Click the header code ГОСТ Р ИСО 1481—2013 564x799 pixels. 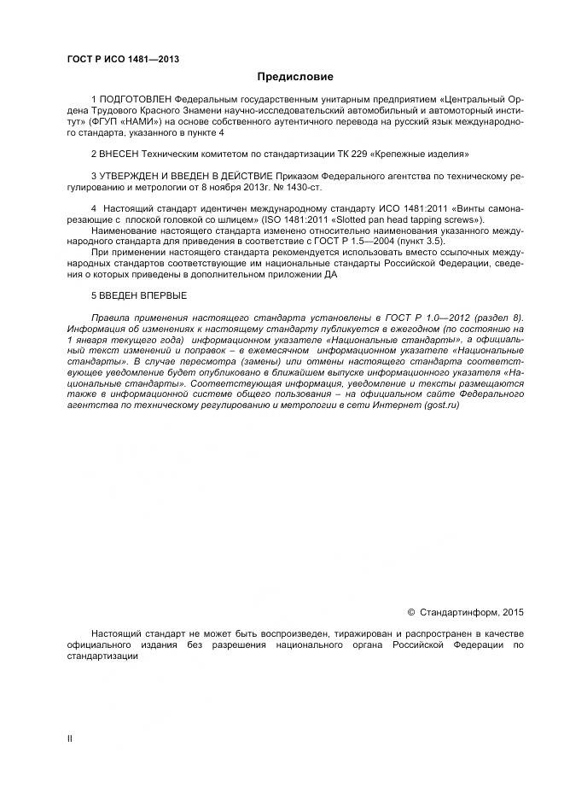123,59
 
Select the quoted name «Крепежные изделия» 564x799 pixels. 422,155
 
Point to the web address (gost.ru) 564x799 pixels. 441,405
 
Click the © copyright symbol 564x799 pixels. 411,612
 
